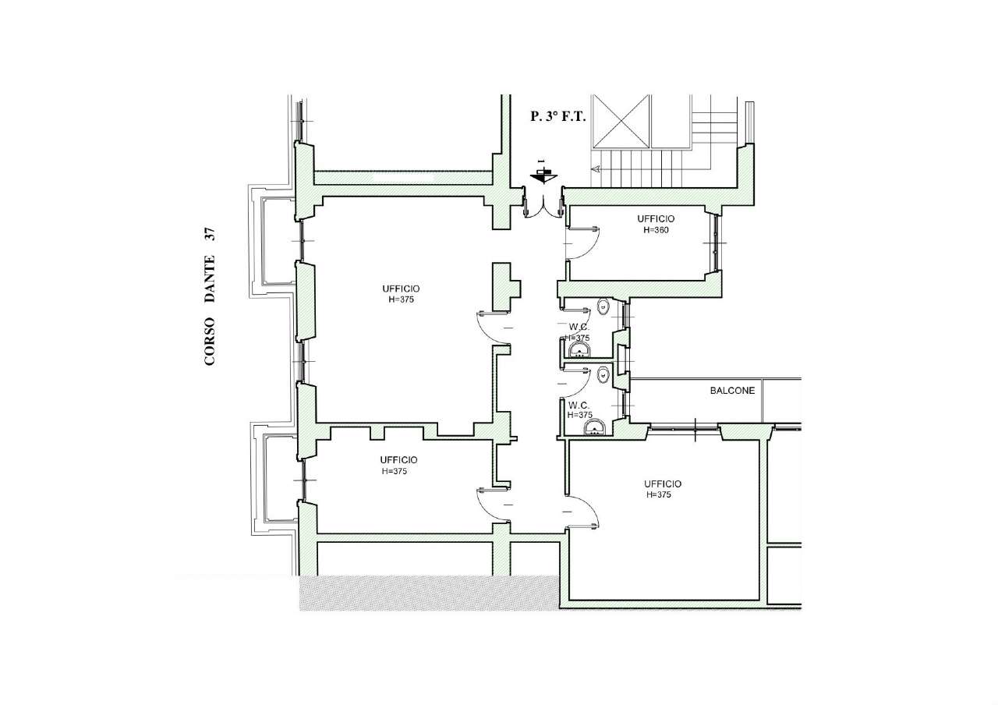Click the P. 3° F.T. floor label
[x=557, y=116]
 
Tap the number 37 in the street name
[x=210, y=235]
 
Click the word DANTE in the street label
[x=210, y=278]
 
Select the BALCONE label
[x=732, y=391]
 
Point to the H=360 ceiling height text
[x=656, y=230]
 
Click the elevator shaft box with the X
[x=621, y=121]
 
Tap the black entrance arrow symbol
[x=543, y=175]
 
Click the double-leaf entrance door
[x=543, y=207]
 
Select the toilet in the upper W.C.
[x=603, y=306]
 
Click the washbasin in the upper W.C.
[x=579, y=350]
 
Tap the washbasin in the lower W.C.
[x=594, y=428]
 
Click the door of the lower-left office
[x=494, y=505]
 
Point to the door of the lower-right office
[x=582, y=512]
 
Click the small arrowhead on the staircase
[x=596, y=169]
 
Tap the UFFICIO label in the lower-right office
[x=663, y=484]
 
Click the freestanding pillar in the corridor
[x=506, y=287]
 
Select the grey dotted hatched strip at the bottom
[x=429, y=593]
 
